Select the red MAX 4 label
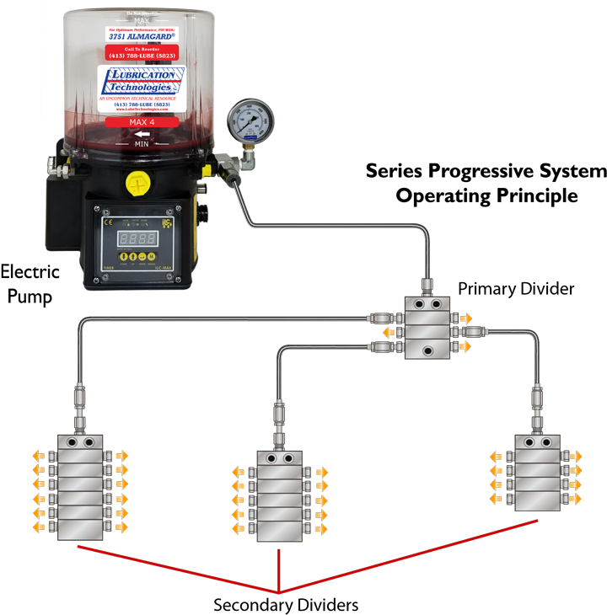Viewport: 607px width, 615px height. click(x=142, y=122)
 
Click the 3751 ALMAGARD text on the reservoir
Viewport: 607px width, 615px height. click(x=142, y=37)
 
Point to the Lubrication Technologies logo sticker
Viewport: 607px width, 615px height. click(x=142, y=85)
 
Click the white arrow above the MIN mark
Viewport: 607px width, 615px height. click(x=142, y=134)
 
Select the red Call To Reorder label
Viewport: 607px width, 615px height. click(x=142, y=52)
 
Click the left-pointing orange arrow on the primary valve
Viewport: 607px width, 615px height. click(x=387, y=333)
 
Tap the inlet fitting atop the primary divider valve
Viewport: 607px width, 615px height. click(x=427, y=286)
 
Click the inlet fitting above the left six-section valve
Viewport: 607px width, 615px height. click(x=80, y=396)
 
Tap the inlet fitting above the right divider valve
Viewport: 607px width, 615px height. click(x=537, y=397)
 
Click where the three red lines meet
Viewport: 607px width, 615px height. click(x=279, y=593)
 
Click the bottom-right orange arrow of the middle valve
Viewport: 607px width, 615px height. click(x=321, y=530)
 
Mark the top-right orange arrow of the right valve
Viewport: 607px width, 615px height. click(x=576, y=456)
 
